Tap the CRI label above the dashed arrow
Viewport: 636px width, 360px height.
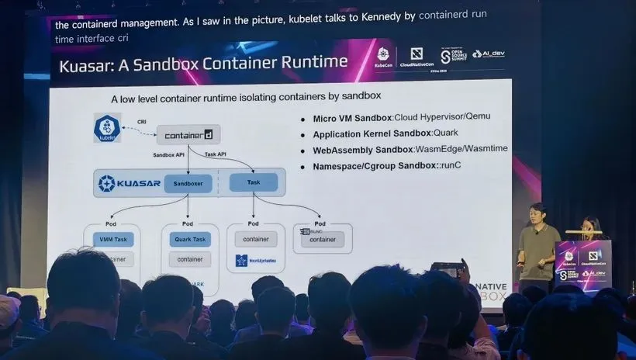coord(141,122)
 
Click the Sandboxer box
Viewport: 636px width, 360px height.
coord(188,183)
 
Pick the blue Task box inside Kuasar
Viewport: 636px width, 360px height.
coord(254,182)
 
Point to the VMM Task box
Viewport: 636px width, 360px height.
coord(112,239)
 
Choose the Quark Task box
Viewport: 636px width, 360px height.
coord(189,239)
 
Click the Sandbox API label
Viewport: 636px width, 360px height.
coord(169,155)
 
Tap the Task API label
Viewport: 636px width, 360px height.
coord(216,155)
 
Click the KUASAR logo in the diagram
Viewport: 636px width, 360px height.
coord(128,183)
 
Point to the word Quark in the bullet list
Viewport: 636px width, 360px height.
coord(445,133)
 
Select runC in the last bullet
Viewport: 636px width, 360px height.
coord(451,166)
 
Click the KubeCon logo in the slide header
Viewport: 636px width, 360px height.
coord(382,57)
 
